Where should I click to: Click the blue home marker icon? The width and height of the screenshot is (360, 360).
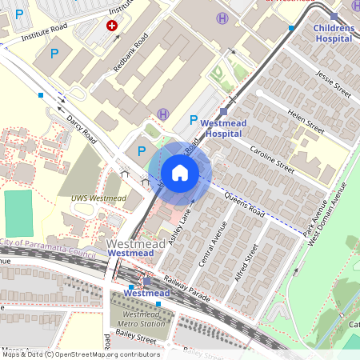click(x=180, y=172)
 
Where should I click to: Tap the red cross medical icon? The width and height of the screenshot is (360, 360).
click(x=111, y=26)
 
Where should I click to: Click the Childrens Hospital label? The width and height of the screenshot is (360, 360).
click(x=334, y=33)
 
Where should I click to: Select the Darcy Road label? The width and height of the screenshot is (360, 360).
click(x=81, y=129)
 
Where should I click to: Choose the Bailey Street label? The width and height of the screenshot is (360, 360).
click(x=134, y=340)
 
